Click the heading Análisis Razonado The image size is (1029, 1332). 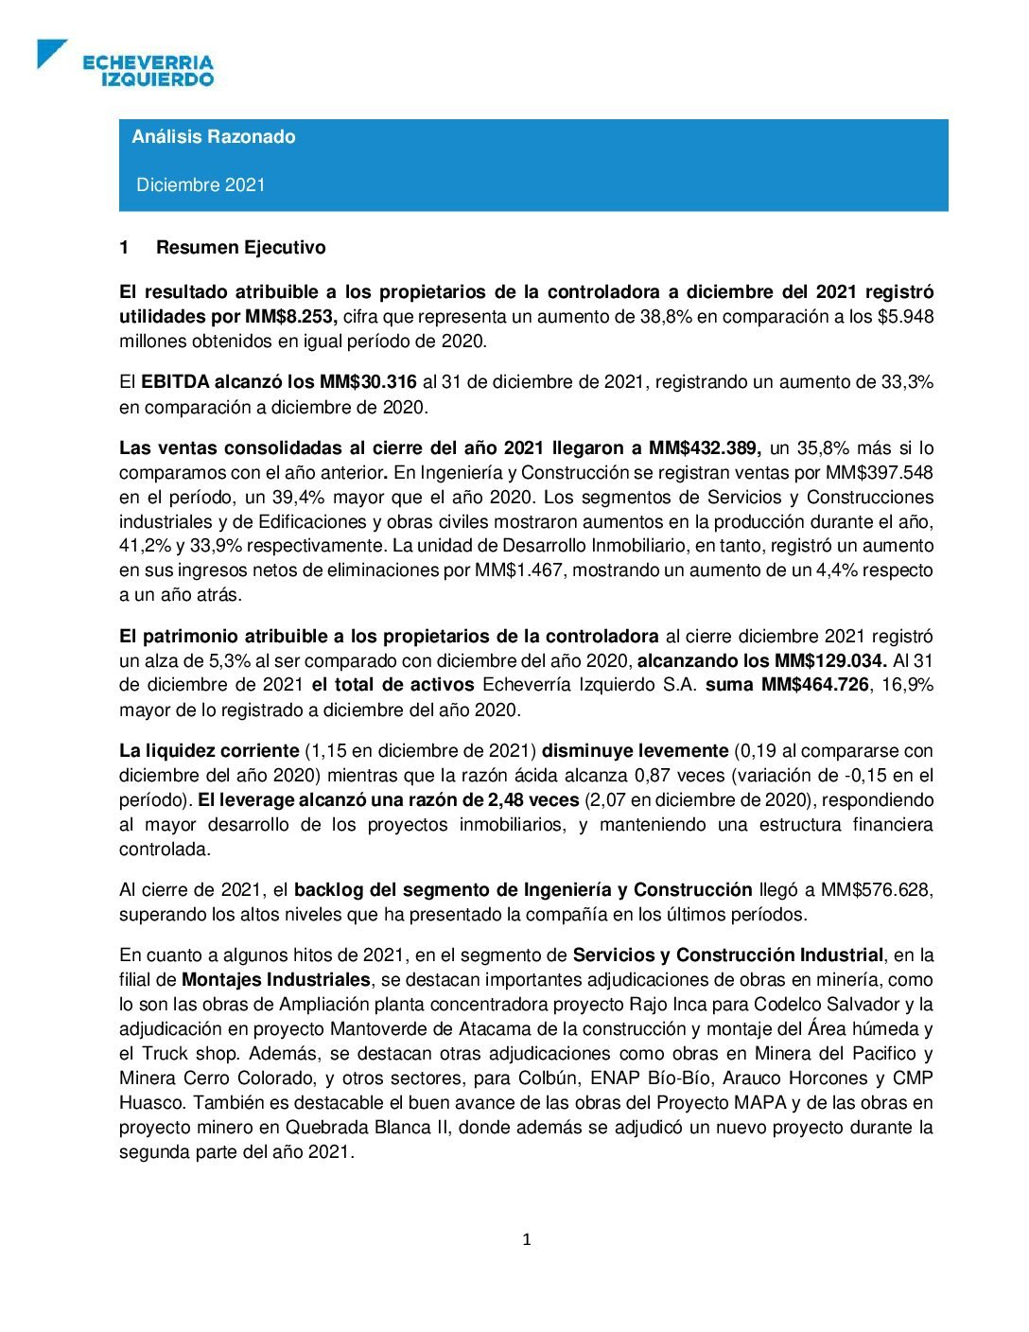[214, 136]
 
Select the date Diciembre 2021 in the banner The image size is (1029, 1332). [201, 184]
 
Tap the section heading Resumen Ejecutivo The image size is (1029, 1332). [240, 247]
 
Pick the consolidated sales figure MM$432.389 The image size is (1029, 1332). [705, 448]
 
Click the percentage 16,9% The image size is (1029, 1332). [907, 684]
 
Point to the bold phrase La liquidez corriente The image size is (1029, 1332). [209, 750]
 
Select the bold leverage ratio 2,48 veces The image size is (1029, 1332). [532, 799]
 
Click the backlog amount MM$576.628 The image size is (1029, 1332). [877, 889]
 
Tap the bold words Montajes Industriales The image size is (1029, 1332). [275, 979]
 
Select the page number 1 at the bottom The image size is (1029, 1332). [527, 1239]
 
